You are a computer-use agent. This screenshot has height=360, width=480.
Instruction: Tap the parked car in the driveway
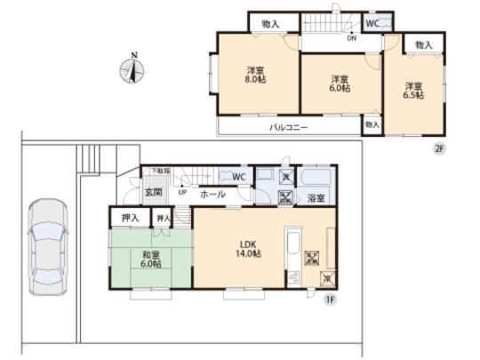tap(44, 245)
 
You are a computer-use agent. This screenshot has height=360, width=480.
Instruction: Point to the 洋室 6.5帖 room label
tap(412, 92)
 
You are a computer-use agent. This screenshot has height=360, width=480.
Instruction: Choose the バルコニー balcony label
tap(290, 128)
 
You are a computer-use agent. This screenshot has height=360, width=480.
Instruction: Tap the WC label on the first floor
tap(238, 177)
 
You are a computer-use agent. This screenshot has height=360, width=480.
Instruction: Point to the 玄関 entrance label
tap(153, 192)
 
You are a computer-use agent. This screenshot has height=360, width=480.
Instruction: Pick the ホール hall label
tap(212, 193)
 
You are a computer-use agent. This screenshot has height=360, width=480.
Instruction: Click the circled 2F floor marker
tap(438, 149)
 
